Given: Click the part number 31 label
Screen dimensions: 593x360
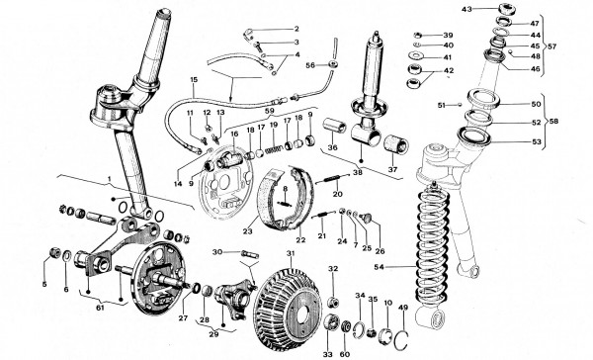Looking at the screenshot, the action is [x=290, y=253].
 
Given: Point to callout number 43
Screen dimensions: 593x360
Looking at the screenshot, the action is [x=466, y=9].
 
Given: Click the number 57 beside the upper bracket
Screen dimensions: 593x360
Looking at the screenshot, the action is [x=552, y=46].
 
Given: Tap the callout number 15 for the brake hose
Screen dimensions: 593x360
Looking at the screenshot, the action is [x=194, y=80].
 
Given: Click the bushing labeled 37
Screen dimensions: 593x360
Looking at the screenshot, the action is [x=396, y=145].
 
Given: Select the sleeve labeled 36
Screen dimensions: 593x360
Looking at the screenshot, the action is [x=334, y=127].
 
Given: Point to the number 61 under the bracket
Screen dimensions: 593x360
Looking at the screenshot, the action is [x=100, y=308].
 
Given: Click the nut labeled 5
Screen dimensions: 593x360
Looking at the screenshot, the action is [x=54, y=252].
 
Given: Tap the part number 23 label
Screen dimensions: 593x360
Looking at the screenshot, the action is [x=247, y=230].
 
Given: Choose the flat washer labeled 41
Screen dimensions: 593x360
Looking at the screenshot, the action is [x=417, y=56].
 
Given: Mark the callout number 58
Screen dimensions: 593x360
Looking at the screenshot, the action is [x=553, y=121].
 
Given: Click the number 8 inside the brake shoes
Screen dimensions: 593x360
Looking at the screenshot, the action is [x=286, y=188].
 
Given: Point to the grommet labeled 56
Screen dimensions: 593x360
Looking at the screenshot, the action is [x=333, y=64].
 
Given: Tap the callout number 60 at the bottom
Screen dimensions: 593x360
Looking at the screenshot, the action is [x=345, y=354].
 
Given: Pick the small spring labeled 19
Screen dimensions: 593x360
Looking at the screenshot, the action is [x=274, y=148].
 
